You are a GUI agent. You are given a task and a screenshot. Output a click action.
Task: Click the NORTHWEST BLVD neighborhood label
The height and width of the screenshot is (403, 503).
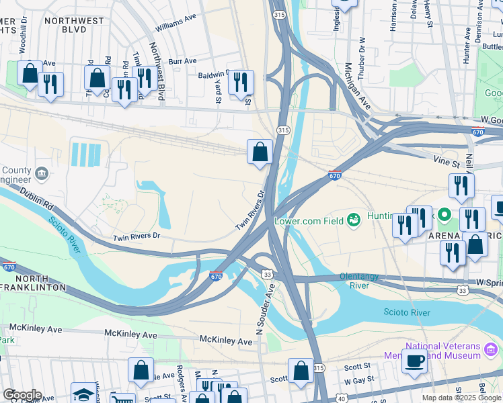[74, 26]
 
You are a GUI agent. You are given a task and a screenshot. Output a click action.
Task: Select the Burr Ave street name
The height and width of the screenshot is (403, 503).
[182, 61]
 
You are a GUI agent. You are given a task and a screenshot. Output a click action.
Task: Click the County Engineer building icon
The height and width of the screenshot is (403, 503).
[42, 174]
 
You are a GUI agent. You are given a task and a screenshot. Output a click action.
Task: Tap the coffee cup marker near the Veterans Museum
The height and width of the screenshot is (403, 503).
[414, 361]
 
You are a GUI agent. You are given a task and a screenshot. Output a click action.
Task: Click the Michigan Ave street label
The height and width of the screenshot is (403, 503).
[356, 87]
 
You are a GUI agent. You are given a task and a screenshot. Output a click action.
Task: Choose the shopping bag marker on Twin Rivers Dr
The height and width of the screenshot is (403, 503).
[260, 152]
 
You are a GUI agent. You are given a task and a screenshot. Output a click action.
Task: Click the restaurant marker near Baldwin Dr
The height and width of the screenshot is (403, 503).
[240, 83]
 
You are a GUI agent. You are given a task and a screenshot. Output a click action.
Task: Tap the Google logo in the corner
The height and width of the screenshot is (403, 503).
[22, 395]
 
